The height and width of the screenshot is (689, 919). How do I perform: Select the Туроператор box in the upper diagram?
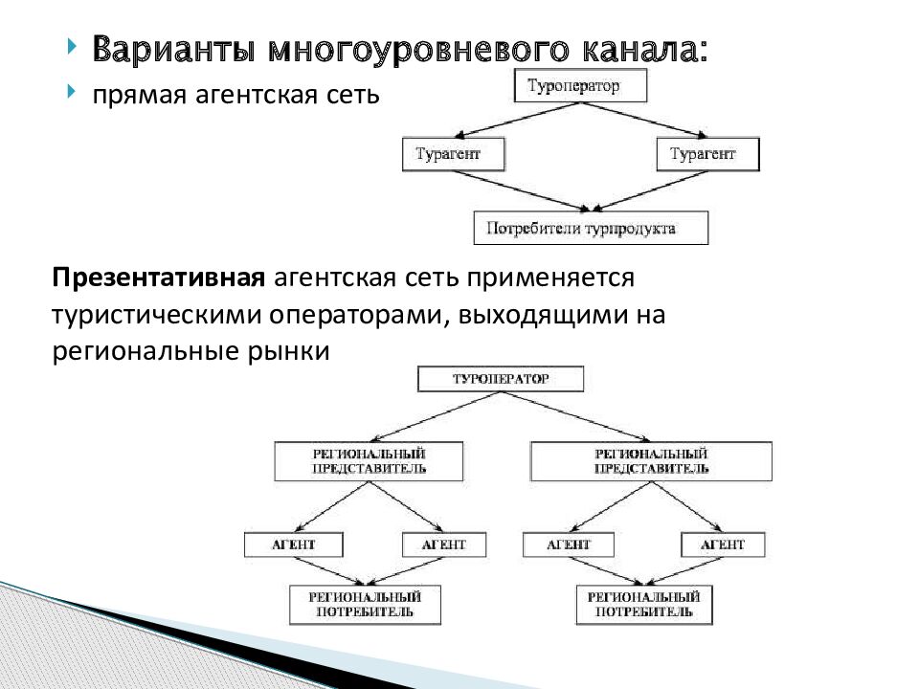click(x=581, y=86)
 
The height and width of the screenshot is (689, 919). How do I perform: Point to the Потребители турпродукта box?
click(x=591, y=228)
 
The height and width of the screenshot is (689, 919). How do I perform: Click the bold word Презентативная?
click(x=158, y=278)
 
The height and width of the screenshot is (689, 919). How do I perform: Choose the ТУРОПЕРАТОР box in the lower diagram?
click(x=501, y=379)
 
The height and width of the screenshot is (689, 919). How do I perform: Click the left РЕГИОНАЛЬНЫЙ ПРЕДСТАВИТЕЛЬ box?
click(x=369, y=460)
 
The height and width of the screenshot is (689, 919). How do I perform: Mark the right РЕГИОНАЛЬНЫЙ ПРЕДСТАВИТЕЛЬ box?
click(x=651, y=460)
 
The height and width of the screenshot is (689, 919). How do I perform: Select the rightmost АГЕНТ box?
click(x=723, y=545)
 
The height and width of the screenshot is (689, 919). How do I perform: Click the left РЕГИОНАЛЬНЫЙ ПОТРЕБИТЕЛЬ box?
click(x=366, y=604)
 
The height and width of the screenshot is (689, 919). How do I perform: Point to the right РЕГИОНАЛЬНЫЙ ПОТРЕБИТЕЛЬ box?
click(x=644, y=604)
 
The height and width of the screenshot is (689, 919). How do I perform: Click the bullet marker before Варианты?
click(x=73, y=47)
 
